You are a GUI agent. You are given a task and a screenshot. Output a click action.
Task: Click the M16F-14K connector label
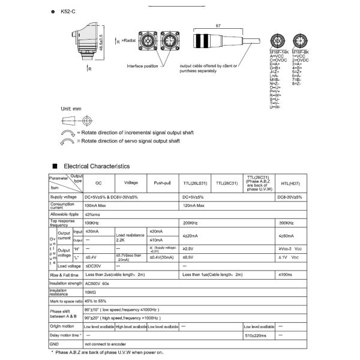pyautogui.click(x=280, y=52)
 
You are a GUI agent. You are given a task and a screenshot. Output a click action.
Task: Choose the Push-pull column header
pyautogui.click(x=163, y=182)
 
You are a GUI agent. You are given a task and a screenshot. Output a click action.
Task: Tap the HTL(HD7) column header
pyautogui.click(x=290, y=182)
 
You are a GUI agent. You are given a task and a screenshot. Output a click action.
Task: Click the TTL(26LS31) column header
pyautogui.click(x=196, y=182)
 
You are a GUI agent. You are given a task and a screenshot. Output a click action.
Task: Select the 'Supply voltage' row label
pyautogui.click(x=64, y=196)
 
